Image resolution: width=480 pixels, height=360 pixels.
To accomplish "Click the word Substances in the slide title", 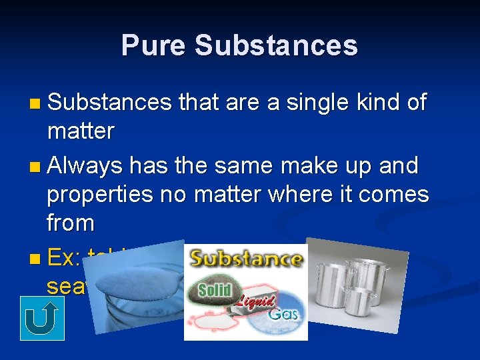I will click(276, 46).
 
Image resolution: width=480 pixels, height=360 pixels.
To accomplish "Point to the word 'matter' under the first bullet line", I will click(81, 131).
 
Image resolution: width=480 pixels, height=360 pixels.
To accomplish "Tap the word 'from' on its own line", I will click(69, 223).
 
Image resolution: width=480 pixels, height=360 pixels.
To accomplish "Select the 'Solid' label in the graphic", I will click(215, 289).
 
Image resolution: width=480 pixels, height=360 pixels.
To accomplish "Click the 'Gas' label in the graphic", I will click(283, 313).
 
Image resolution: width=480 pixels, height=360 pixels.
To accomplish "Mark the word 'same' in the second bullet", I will click(251, 165).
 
